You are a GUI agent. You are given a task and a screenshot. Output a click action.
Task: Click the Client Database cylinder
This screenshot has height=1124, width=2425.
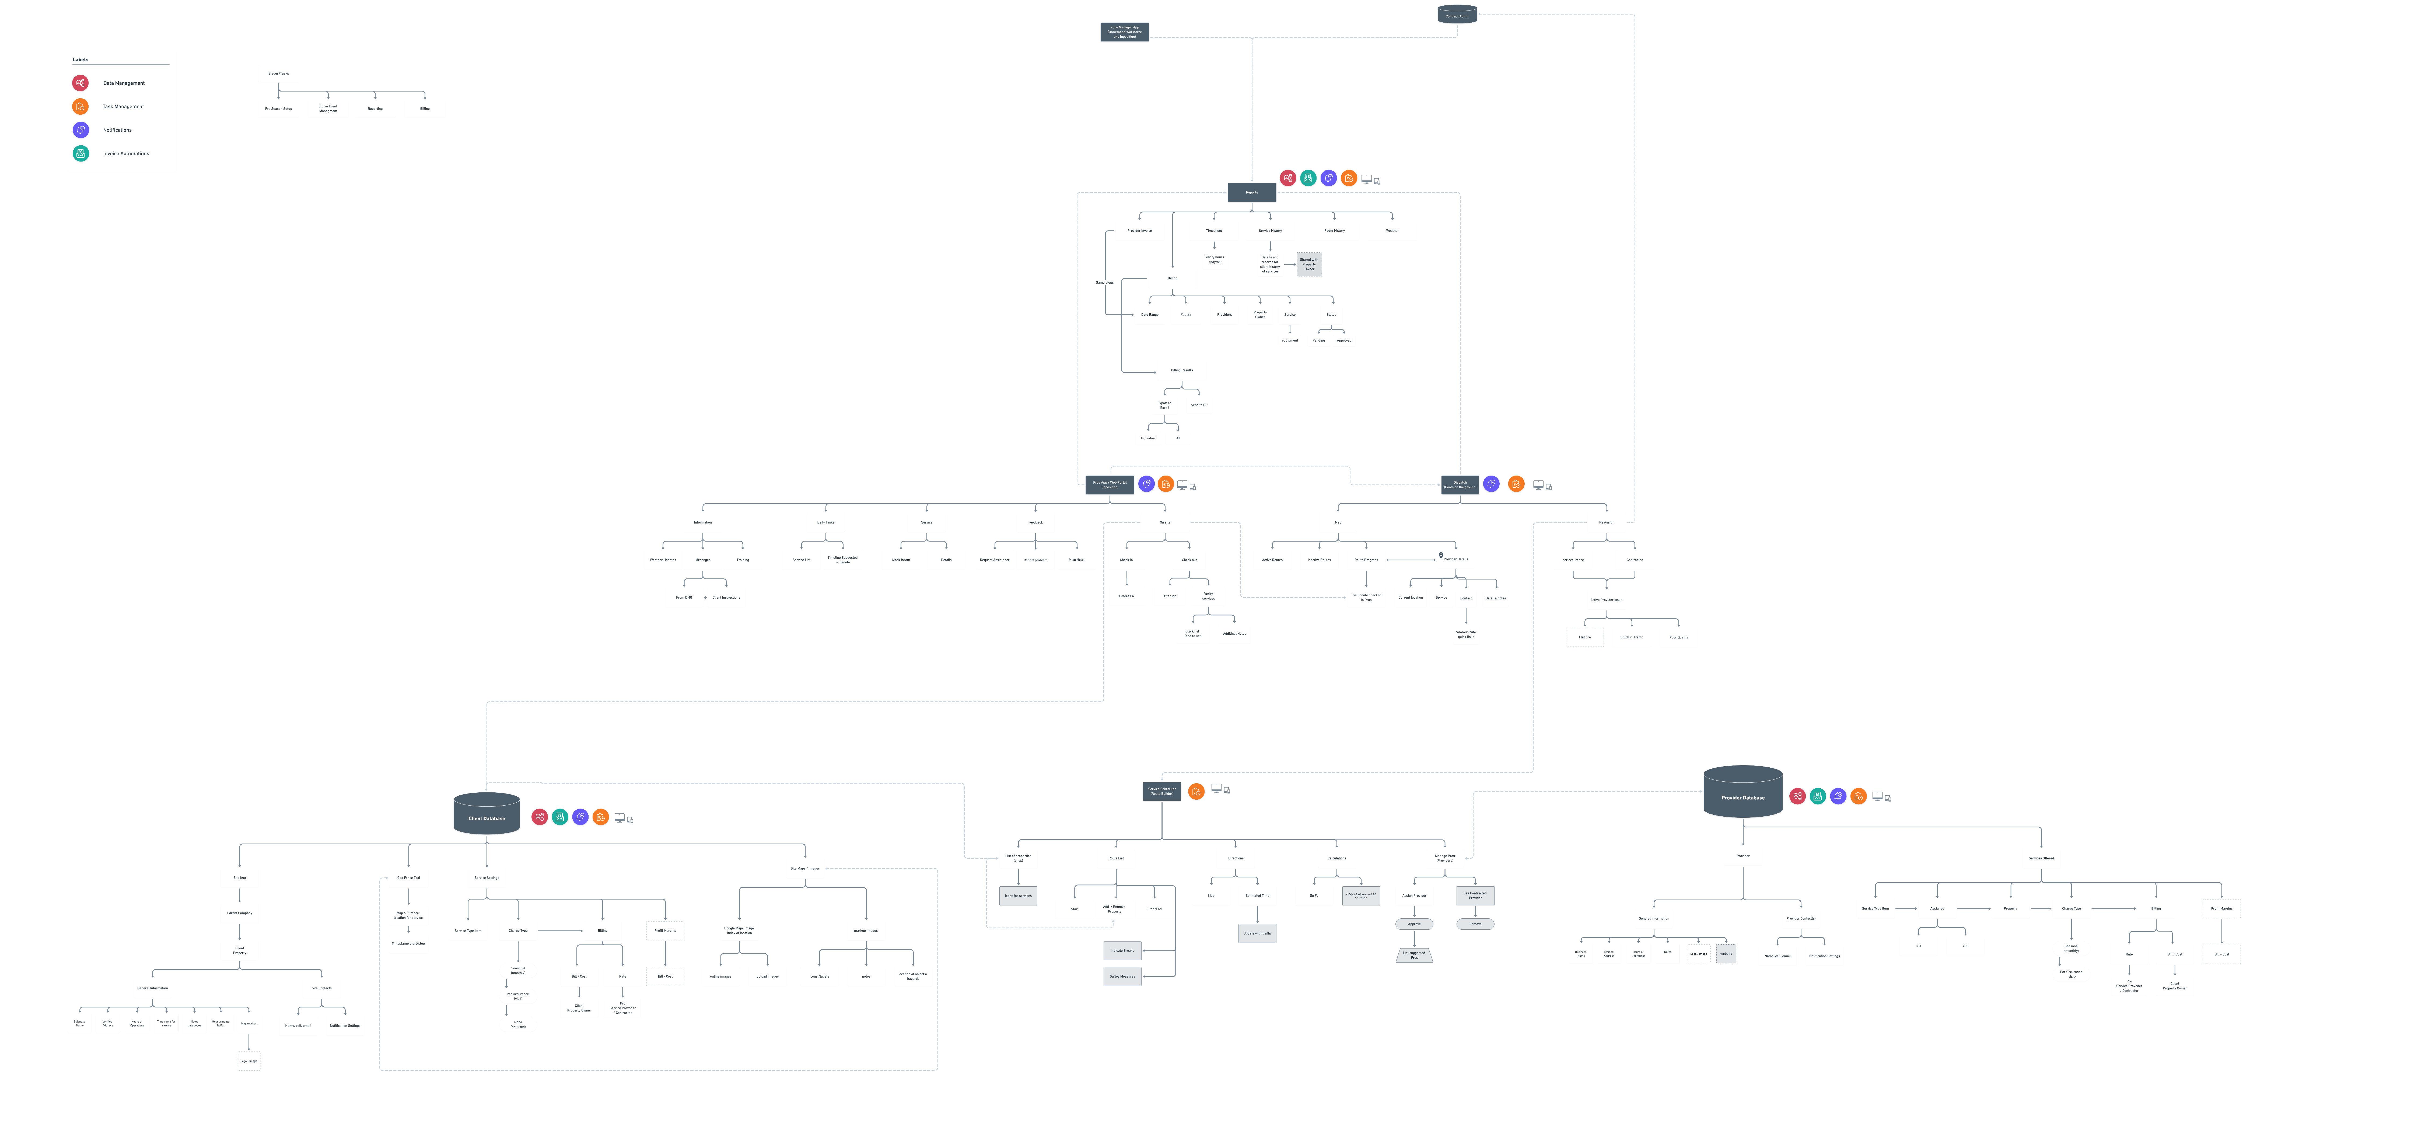[487, 813]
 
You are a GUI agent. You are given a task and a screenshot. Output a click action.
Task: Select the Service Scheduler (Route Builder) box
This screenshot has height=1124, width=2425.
[1162, 791]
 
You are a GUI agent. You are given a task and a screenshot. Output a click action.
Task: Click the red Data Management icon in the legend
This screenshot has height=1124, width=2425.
[81, 83]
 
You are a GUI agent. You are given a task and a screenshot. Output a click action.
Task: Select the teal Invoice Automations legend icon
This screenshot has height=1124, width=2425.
[81, 153]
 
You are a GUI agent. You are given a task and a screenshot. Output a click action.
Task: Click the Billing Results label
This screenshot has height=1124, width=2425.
[1181, 370]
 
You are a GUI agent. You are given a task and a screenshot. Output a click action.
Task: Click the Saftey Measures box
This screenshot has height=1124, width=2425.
[1122, 976]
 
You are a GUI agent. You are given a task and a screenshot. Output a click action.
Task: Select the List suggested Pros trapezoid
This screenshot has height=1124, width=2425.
[1414, 954]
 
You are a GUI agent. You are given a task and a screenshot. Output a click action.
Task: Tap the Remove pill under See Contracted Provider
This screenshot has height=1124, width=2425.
[1475, 923]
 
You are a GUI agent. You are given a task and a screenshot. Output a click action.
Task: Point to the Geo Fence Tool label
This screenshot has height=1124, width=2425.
[408, 877]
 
